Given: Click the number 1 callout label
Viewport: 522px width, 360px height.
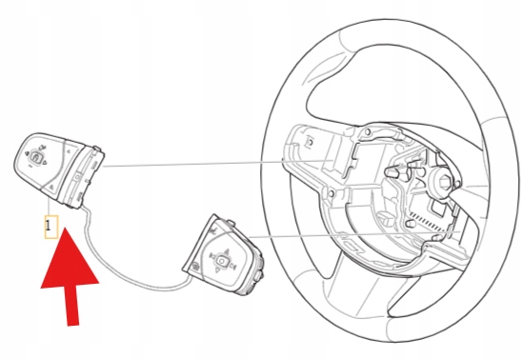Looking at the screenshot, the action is pyautogui.click(x=50, y=227).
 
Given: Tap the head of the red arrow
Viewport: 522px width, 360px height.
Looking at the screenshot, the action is pyautogui.click(x=70, y=259).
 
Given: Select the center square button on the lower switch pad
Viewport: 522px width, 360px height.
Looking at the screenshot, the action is pyautogui.click(x=222, y=260).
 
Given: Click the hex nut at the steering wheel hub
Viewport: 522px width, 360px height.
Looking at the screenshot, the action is pyautogui.click(x=444, y=182).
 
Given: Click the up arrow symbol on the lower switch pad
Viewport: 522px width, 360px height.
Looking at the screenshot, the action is pyautogui.click(x=227, y=250).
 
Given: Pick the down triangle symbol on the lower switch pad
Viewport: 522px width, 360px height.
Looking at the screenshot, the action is pyautogui.click(x=218, y=270).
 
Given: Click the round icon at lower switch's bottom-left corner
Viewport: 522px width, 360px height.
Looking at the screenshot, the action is pyautogui.click(x=195, y=266).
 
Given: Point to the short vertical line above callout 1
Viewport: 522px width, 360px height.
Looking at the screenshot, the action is pyautogui.click(x=50, y=207).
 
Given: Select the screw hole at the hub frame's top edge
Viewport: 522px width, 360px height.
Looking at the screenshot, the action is pyautogui.click(x=368, y=132).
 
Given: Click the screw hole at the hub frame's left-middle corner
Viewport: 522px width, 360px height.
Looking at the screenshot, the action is pyautogui.click(x=331, y=194).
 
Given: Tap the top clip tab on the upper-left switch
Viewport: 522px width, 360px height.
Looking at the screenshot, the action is pyautogui.click(x=97, y=150).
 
